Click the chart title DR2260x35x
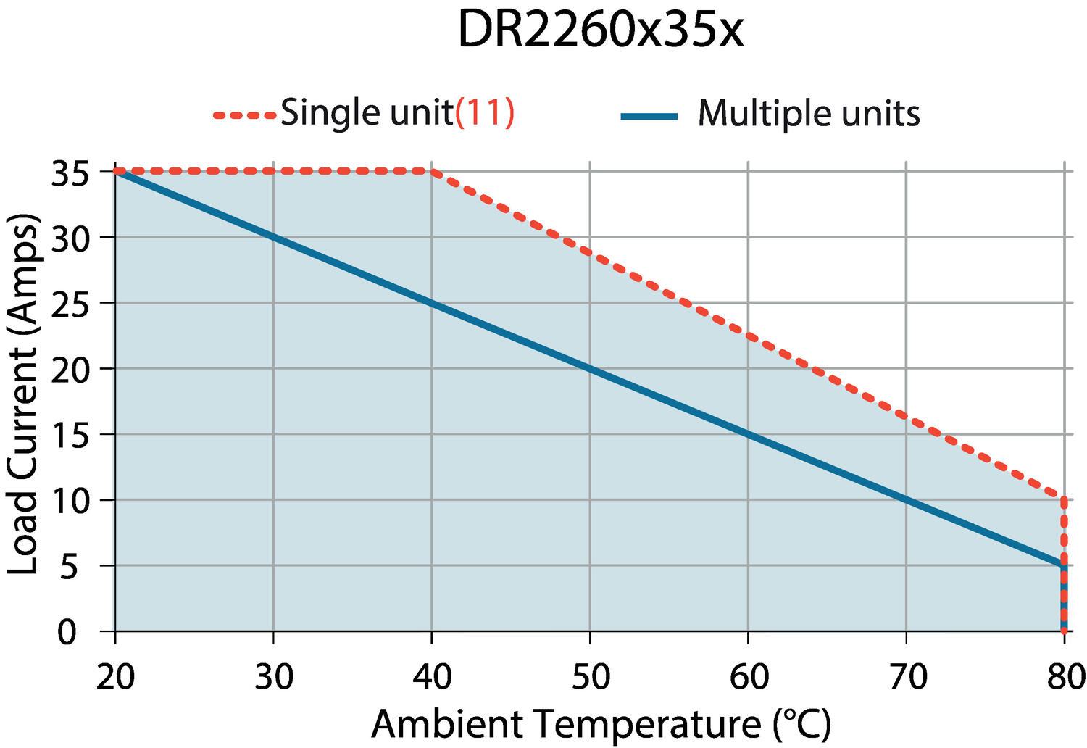600,30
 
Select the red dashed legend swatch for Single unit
245,115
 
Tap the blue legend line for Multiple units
649,116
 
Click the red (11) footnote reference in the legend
484,112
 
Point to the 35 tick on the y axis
70,174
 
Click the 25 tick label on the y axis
70,305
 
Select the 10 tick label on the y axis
70,502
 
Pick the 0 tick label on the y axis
67,633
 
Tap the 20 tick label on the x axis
115,677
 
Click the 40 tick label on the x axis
432,677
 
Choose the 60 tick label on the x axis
749,677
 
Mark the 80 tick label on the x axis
1066,677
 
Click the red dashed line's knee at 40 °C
432,171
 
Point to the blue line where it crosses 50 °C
590,368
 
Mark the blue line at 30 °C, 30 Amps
274,237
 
